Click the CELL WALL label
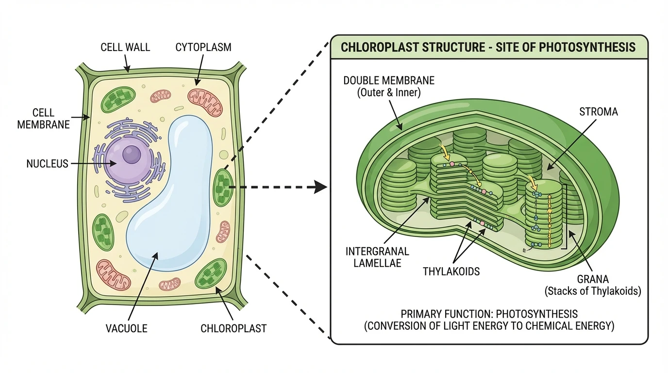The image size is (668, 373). coord(125,47)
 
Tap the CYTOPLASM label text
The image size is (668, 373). coord(203,47)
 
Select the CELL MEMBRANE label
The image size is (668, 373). coord(43,118)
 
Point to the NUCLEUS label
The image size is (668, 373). coord(47,164)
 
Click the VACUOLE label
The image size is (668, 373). coord(126,328)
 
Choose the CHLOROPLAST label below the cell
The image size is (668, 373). coord(234,328)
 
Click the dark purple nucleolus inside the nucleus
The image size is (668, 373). coord(131,155)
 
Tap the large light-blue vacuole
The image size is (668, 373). coord(170,194)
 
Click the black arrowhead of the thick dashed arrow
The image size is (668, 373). coord(319,186)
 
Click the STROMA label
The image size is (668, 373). coord(599,112)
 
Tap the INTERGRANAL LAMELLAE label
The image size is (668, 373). coord(377,257)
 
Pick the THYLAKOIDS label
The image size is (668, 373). coord(451,271)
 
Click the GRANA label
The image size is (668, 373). coord(593,279)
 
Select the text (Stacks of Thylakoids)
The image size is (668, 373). coord(593,291)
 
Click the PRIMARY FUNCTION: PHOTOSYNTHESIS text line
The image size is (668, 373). coord(489,314)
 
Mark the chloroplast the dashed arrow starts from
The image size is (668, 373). coord(223,186)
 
